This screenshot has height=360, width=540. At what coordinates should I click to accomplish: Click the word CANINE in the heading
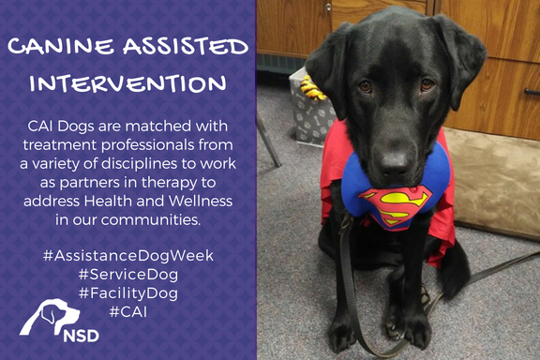pos(61,46)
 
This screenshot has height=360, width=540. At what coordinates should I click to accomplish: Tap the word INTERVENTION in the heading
pos(127,83)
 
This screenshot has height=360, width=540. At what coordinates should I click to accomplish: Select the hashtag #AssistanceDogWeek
pos(128,256)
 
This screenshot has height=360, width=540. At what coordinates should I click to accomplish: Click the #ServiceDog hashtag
pos(128,275)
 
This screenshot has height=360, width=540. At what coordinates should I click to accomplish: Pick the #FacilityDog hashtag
pos(128,293)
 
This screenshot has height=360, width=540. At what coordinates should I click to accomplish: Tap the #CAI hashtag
pos(128,312)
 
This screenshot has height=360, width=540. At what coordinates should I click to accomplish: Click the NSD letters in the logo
pos(82,336)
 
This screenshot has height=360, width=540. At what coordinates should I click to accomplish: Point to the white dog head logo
pos(50,316)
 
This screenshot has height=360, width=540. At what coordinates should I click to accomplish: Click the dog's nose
pos(395,163)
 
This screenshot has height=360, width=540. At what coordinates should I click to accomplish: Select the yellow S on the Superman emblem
pos(396,206)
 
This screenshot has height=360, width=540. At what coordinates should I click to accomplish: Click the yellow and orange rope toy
pos(311,89)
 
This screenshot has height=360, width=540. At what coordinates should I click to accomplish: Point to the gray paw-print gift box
pos(310,111)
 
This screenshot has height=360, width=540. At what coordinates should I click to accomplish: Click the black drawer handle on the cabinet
pos(532,92)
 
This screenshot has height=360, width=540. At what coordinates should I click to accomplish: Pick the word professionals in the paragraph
pos(148,145)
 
